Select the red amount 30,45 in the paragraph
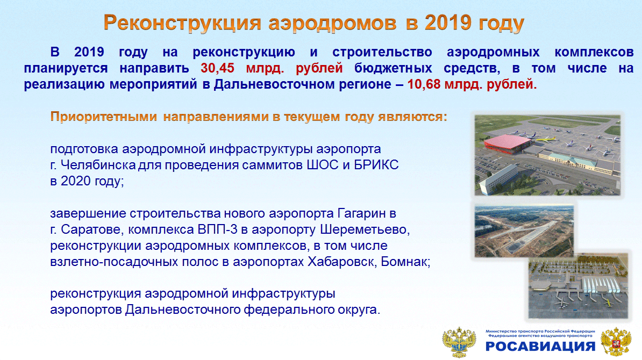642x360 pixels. (x=217, y=68)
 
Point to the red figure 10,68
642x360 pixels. (x=424, y=84)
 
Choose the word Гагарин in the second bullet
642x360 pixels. (x=362, y=213)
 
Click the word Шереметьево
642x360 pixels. (x=365, y=229)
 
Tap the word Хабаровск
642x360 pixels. (x=343, y=262)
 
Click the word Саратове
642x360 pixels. (x=92, y=229)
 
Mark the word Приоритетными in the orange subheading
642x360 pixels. (x=104, y=117)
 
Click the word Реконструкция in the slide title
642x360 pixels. (x=182, y=23)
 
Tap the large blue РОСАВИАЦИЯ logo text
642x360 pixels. (x=540, y=346)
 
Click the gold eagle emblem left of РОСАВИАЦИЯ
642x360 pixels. (x=459, y=342)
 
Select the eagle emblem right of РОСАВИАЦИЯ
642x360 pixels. (x=616, y=342)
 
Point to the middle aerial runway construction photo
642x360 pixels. (x=524, y=231)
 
